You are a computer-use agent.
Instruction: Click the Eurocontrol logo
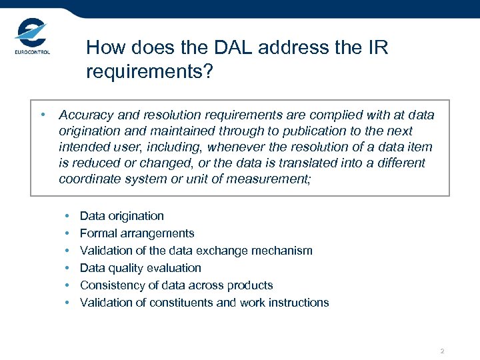31,39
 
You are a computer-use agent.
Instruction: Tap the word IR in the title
377,48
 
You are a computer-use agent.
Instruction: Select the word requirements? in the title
149,71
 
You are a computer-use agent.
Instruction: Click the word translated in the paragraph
287,163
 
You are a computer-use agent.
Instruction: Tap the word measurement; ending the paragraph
270,179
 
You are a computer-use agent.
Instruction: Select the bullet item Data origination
121,216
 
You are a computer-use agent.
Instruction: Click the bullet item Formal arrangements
137,233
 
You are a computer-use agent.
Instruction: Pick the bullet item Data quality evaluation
140,268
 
